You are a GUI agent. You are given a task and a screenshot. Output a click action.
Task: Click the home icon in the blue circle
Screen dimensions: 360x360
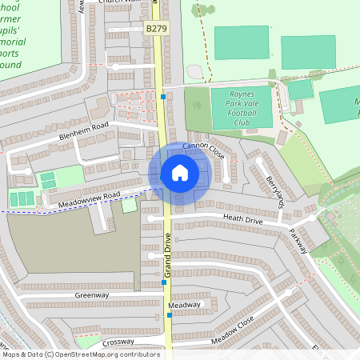tap(179, 173)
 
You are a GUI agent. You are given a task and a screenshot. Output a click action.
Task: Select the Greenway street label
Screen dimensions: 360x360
tap(91, 295)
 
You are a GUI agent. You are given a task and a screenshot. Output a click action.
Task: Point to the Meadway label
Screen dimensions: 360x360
tap(185, 305)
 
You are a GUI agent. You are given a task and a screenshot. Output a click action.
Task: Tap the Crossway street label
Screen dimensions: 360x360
tap(118, 342)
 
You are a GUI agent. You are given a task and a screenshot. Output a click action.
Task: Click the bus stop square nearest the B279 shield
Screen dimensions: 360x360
tap(163, 96)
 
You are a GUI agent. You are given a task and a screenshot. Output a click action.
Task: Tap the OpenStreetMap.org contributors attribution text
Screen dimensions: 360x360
tap(109, 354)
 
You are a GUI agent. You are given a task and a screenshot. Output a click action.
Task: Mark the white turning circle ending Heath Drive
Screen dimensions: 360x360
tap(150, 218)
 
